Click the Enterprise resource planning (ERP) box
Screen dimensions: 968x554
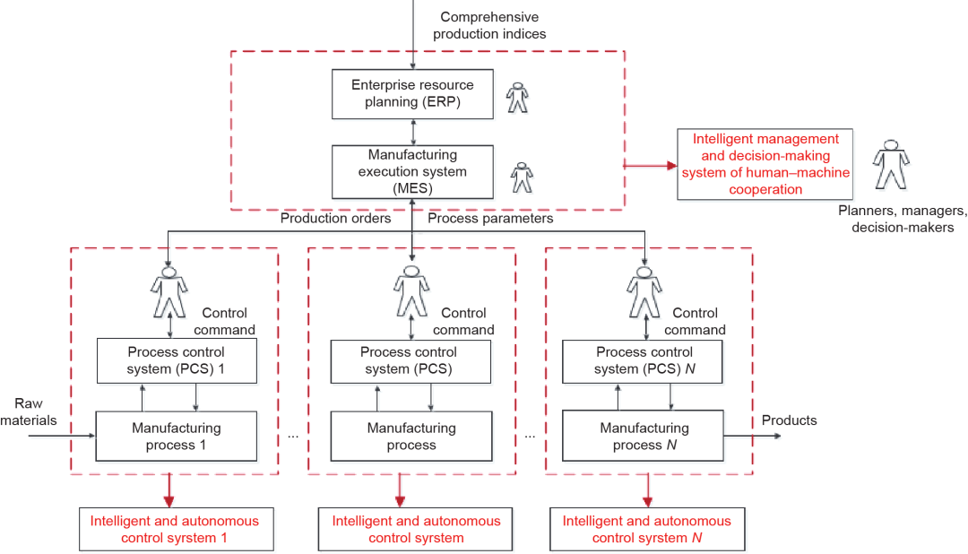point(412,94)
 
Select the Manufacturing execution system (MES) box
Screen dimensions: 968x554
point(412,172)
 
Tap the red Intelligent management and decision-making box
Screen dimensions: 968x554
point(765,164)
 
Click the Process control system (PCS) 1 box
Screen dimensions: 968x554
point(177,360)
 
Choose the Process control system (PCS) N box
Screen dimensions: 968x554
point(642,360)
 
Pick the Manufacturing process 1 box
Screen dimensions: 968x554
point(176,436)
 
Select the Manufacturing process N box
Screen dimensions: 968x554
point(643,436)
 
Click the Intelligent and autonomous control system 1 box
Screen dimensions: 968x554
point(176,529)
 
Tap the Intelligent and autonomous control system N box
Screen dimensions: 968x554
point(647,529)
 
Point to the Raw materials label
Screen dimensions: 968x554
point(29,412)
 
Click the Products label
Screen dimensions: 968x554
point(789,420)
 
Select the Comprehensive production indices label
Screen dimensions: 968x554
point(489,25)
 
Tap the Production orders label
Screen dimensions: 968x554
point(336,219)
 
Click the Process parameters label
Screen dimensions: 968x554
point(490,219)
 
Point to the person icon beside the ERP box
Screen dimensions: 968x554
point(517,98)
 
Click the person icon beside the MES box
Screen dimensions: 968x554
point(522,177)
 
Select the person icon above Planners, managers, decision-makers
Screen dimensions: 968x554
point(891,164)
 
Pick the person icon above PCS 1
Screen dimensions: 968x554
point(169,292)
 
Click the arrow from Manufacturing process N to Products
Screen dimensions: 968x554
point(753,436)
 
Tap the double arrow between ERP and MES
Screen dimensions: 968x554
point(413,132)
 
